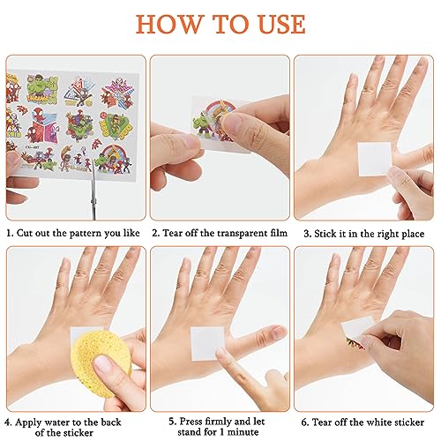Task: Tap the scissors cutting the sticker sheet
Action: click(93, 191)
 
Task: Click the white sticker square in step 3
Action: click(375, 159)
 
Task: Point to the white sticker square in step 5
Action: click(207, 343)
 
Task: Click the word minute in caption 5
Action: click(242, 432)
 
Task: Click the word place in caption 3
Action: click(412, 234)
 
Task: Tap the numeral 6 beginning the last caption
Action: click(304, 422)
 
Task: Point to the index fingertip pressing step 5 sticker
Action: click(221, 352)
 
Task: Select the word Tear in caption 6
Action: click(321, 422)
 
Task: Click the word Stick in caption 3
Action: click(325, 234)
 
